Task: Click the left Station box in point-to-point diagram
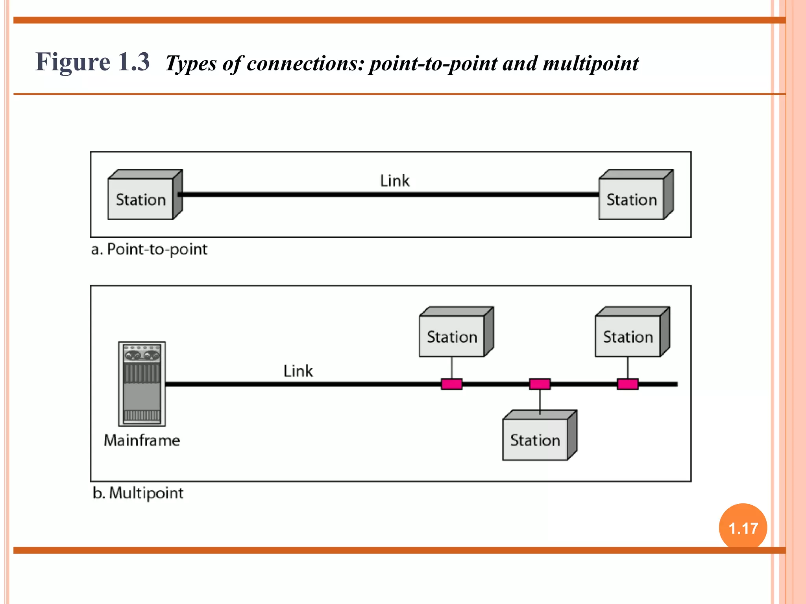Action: tap(141, 199)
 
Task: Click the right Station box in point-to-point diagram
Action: tap(632, 199)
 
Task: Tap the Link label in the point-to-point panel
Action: tap(395, 181)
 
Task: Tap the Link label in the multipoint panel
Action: tap(298, 371)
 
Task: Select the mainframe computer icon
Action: tap(142, 384)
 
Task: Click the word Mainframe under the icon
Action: tap(142, 440)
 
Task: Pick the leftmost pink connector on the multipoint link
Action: tap(451, 384)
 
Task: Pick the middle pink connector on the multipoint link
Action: tap(540, 384)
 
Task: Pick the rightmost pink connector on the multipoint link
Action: tap(628, 384)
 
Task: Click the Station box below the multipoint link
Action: tap(535, 440)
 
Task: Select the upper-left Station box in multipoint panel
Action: tap(452, 337)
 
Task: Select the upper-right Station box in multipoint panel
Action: tap(628, 337)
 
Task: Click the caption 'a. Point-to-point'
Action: tap(149, 249)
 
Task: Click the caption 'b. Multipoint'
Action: tap(138, 493)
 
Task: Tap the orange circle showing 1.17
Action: tap(743, 527)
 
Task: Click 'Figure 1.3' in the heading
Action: tap(92, 62)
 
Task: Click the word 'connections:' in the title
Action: tap(305, 63)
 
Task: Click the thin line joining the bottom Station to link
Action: tap(540, 401)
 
